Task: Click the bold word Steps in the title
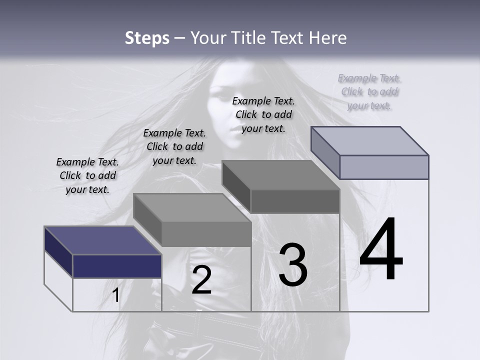click(147, 38)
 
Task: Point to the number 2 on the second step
click(201, 279)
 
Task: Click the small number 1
click(115, 295)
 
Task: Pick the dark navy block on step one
click(117, 266)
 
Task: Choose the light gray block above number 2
click(206, 233)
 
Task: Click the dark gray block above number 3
click(294, 201)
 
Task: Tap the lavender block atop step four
click(383, 166)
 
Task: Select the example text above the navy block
click(87, 175)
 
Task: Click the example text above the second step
click(174, 146)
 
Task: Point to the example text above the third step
click(263, 114)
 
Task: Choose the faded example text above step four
click(369, 91)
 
